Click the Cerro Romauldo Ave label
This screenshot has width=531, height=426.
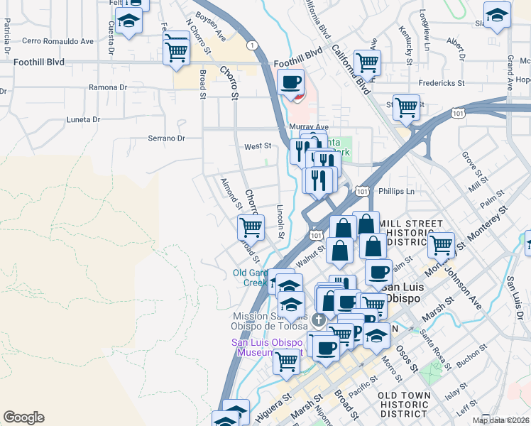(x=58, y=41)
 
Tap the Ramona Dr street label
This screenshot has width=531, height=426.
(x=107, y=87)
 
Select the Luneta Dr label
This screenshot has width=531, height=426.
(x=83, y=119)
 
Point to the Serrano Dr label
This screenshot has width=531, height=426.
(x=166, y=138)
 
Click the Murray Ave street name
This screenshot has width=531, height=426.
(x=307, y=126)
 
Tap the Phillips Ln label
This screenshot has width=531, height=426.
(x=396, y=192)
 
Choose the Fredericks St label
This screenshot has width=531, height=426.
(x=441, y=83)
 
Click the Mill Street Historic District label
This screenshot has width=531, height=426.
(x=405, y=233)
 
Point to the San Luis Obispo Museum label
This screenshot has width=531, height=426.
(x=268, y=347)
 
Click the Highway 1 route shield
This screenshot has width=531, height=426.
(x=252, y=45)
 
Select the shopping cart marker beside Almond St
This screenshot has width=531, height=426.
(x=251, y=227)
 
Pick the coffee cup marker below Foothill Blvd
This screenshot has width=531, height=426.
(x=290, y=82)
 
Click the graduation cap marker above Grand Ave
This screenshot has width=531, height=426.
(x=497, y=14)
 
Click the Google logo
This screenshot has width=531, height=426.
(x=23, y=417)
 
